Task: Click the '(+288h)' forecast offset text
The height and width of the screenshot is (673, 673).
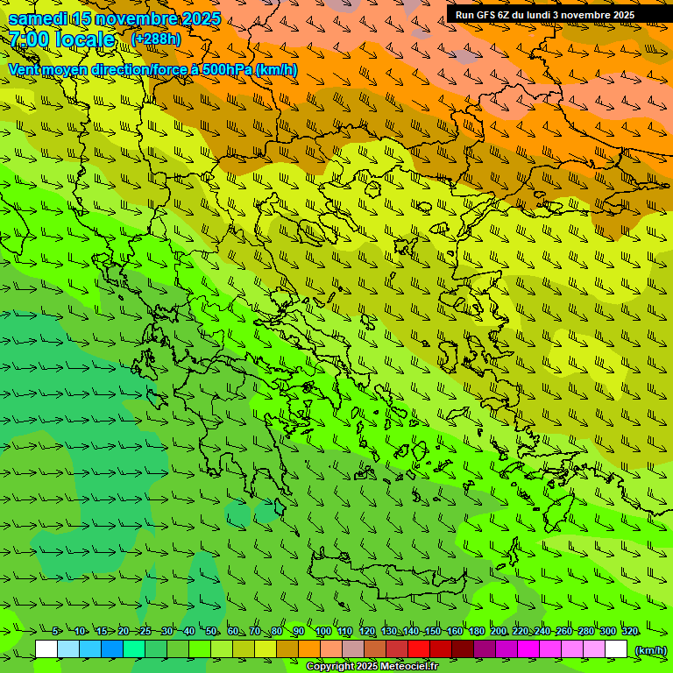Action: coord(156,39)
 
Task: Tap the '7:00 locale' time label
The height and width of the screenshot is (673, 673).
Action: coord(61,39)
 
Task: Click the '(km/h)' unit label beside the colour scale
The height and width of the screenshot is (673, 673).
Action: coord(650,650)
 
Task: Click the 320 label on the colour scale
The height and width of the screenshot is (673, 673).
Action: coord(629,631)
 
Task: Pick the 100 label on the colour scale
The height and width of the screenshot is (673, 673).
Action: coord(322,631)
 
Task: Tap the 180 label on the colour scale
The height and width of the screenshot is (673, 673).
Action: coord(476,631)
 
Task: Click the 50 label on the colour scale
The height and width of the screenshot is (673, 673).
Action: coord(211,631)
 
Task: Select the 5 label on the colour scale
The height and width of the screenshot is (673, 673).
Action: coord(56,631)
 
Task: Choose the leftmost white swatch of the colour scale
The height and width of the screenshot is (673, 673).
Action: coord(46,649)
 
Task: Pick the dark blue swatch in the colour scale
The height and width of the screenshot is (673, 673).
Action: coord(112,649)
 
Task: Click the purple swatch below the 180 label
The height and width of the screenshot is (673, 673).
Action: coord(485,649)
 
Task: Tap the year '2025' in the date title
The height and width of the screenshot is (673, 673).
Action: coord(199,18)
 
